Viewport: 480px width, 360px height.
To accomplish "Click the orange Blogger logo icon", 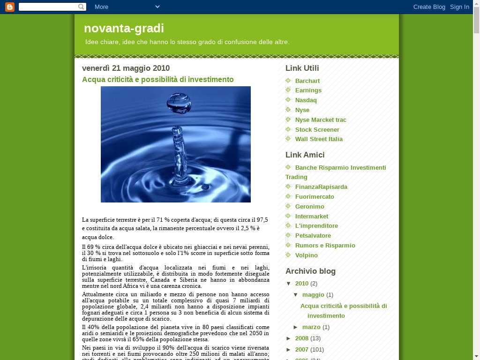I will click(9, 7).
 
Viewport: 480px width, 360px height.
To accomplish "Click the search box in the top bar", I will click(49, 7).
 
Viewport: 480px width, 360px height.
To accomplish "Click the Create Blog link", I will click(429, 7).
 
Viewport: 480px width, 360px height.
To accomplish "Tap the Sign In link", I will click(459, 7).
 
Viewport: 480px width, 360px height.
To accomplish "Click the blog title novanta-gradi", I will click(124, 29).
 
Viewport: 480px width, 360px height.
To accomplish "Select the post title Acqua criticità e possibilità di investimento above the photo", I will click(157, 80).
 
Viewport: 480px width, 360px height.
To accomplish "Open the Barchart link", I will click(307, 81).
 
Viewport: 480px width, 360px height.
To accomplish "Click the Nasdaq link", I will click(306, 100).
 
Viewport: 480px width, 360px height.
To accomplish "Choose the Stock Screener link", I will click(317, 129).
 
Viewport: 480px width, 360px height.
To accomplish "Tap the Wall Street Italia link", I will click(319, 139).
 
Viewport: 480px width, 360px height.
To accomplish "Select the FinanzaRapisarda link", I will click(321, 187).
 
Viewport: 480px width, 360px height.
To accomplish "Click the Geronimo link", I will click(309, 207).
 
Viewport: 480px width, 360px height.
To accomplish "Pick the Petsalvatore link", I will click(313, 236).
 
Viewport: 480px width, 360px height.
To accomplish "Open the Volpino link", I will click(306, 255).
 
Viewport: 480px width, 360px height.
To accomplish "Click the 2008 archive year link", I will click(301, 338).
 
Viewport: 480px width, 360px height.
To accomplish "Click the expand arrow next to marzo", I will click(296, 327).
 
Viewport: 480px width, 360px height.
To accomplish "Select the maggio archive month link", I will click(313, 295).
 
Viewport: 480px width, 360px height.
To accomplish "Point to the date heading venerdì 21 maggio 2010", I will click(126, 68).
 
